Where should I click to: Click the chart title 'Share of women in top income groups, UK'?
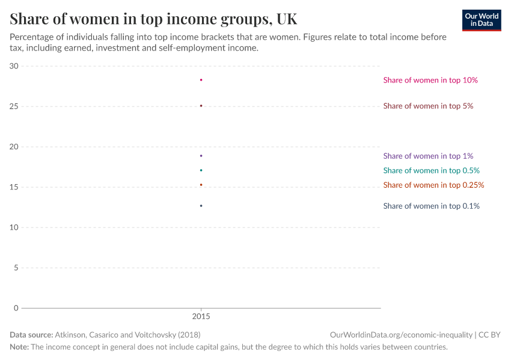[x=153, y=19]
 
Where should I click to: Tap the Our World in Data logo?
[x=482, y=20]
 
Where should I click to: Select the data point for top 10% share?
[x=201, y=80]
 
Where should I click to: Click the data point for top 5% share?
[x=201, y=106]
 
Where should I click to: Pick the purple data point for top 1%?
[x=201, y=156]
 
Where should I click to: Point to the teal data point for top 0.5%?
[x=201, y=170]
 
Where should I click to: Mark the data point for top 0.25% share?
[x=201, y=185]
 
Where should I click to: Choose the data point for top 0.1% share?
[x=201, y=206]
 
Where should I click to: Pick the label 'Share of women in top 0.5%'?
[x=431, y=170]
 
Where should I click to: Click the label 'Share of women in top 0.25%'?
[x=433, y=185]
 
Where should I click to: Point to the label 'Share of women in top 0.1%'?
[x=431, y=206]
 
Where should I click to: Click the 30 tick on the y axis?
[x=14, y=66]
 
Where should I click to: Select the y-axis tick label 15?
[x=14, y=187]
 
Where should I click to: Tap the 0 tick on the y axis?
[x=16, y=308]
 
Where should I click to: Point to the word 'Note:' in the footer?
[x=19, y=347]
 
